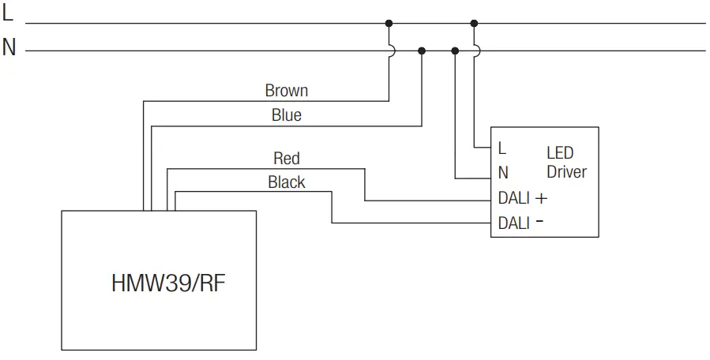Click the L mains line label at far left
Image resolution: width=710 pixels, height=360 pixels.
click(8, 14)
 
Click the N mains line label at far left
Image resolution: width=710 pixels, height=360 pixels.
click(9, 48)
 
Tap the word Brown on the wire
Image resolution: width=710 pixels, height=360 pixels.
click(286, 91)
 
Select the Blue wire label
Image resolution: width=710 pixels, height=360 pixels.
click(286, 115)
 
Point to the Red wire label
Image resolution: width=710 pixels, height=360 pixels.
click(286, 159)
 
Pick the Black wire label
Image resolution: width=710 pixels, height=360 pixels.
click(286, 182)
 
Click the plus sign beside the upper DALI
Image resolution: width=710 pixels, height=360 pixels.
click(541, 198)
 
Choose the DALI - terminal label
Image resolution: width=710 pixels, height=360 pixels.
click(520, 223)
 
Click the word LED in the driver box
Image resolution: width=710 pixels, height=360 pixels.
click(560, 153)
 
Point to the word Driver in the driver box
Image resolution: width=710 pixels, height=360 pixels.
click(566, 171)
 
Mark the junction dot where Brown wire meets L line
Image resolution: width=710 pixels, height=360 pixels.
click(389, 23)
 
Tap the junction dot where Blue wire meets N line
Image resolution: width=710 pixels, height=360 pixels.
click(422, 51)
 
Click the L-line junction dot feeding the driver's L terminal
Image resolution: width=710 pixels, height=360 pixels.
click(474, 23)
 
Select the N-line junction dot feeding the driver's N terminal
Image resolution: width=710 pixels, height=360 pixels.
click(455, 51)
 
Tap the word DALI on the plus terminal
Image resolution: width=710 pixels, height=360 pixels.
click(514, 198)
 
